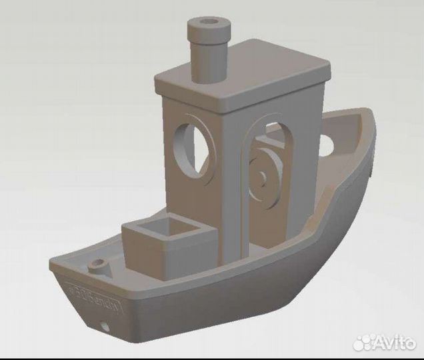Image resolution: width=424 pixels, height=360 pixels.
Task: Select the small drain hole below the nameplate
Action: [104, 327]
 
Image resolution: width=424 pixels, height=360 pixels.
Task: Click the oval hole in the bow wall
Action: [326, 145]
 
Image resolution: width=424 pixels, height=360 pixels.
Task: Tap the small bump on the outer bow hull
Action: [371, 174]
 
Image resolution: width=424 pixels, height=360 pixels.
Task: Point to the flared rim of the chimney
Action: [209, 29]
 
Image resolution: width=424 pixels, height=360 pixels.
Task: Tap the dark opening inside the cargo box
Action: [166, 230]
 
